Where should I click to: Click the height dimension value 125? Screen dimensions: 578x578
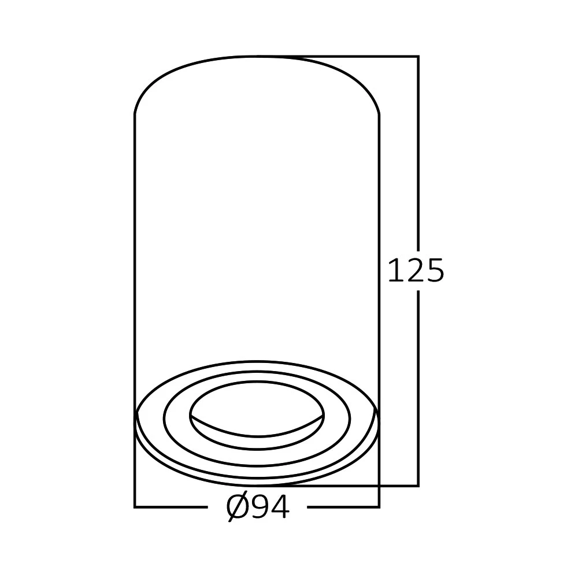416,271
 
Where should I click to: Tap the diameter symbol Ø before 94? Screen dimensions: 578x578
237,508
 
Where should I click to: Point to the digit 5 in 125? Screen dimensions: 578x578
434,271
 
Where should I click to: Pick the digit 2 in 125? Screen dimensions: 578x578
416,271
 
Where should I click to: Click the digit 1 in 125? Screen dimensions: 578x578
396,271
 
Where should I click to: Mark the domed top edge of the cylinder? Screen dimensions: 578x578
257,57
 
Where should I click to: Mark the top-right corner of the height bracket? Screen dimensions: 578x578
418,57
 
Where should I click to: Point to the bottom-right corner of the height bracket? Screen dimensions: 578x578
418,486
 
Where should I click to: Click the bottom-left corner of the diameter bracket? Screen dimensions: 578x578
135,507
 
